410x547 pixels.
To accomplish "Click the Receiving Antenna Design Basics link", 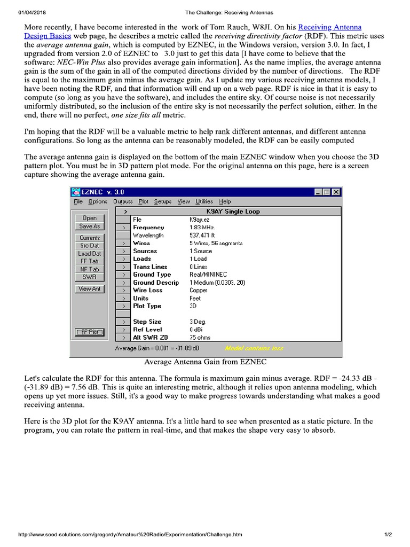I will [329, 27].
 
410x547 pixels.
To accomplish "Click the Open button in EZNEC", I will [89, 218].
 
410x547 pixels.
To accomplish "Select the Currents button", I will [89, 238].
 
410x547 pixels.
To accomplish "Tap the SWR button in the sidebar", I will [89, 277].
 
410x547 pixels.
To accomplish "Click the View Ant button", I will [89, 289].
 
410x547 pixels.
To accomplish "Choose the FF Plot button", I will [89, 332].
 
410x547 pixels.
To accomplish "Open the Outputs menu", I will [123, 201].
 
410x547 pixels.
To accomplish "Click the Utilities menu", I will [204, 201].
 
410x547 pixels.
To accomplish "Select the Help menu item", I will [225, 201].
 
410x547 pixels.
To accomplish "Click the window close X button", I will [336, 192].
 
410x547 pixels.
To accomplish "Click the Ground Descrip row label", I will [156, 283].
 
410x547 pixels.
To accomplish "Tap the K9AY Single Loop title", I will [233, 211].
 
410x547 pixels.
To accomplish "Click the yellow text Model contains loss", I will [255, 348].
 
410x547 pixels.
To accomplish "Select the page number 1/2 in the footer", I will [388, 534].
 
